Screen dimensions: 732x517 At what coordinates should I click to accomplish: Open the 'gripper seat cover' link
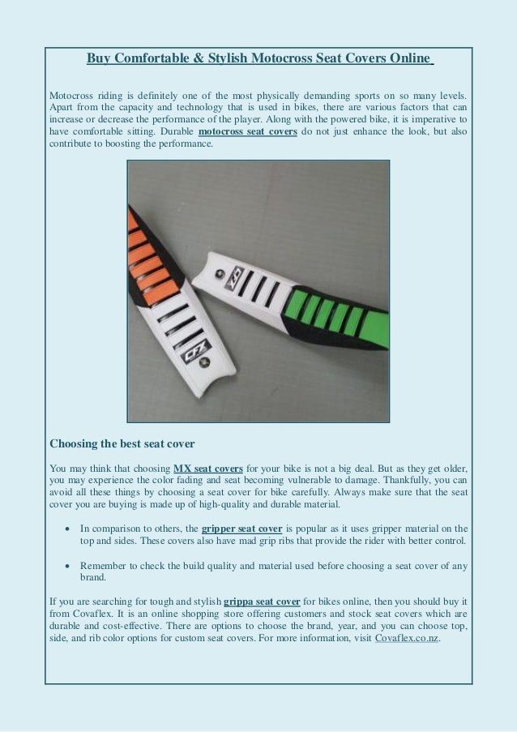click(241, 529)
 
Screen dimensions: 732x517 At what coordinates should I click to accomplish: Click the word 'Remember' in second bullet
click(104, 565)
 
